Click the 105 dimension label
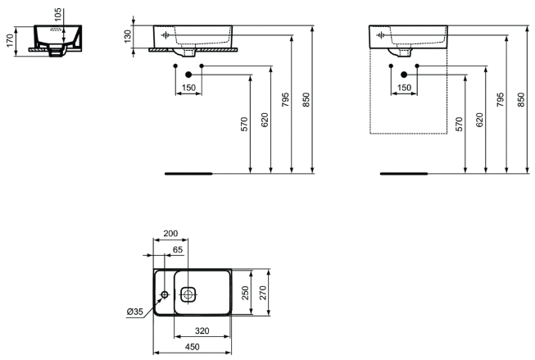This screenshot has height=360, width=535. [58, 14]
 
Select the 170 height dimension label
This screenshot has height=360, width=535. [10, 41]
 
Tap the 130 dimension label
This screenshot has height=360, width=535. [127, 36]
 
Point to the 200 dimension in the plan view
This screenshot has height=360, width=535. [170, 233]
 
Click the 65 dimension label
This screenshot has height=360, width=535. [178, 249]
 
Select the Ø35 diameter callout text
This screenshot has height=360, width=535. [134, 312]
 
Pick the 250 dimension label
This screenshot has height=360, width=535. [245, 293]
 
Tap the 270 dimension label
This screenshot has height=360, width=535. [263, 293]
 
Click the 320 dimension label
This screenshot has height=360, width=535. [202, 330]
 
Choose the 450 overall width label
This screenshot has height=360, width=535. [192, 347]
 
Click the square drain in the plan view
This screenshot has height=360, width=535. [188, 294]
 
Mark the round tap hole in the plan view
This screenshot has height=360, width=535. [165, 294]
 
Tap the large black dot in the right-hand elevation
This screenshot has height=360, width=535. [404, 75]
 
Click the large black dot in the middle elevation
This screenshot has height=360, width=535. [188, 75]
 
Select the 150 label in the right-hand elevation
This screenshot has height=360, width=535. [404, 88]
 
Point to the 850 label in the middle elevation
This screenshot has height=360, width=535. [306, 100]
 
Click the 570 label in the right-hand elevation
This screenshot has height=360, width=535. [460, 125]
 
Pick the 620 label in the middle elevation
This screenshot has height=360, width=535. [265, 120]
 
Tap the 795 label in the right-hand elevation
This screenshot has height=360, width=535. [501, 100]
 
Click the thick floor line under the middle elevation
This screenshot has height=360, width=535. [188, 174]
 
